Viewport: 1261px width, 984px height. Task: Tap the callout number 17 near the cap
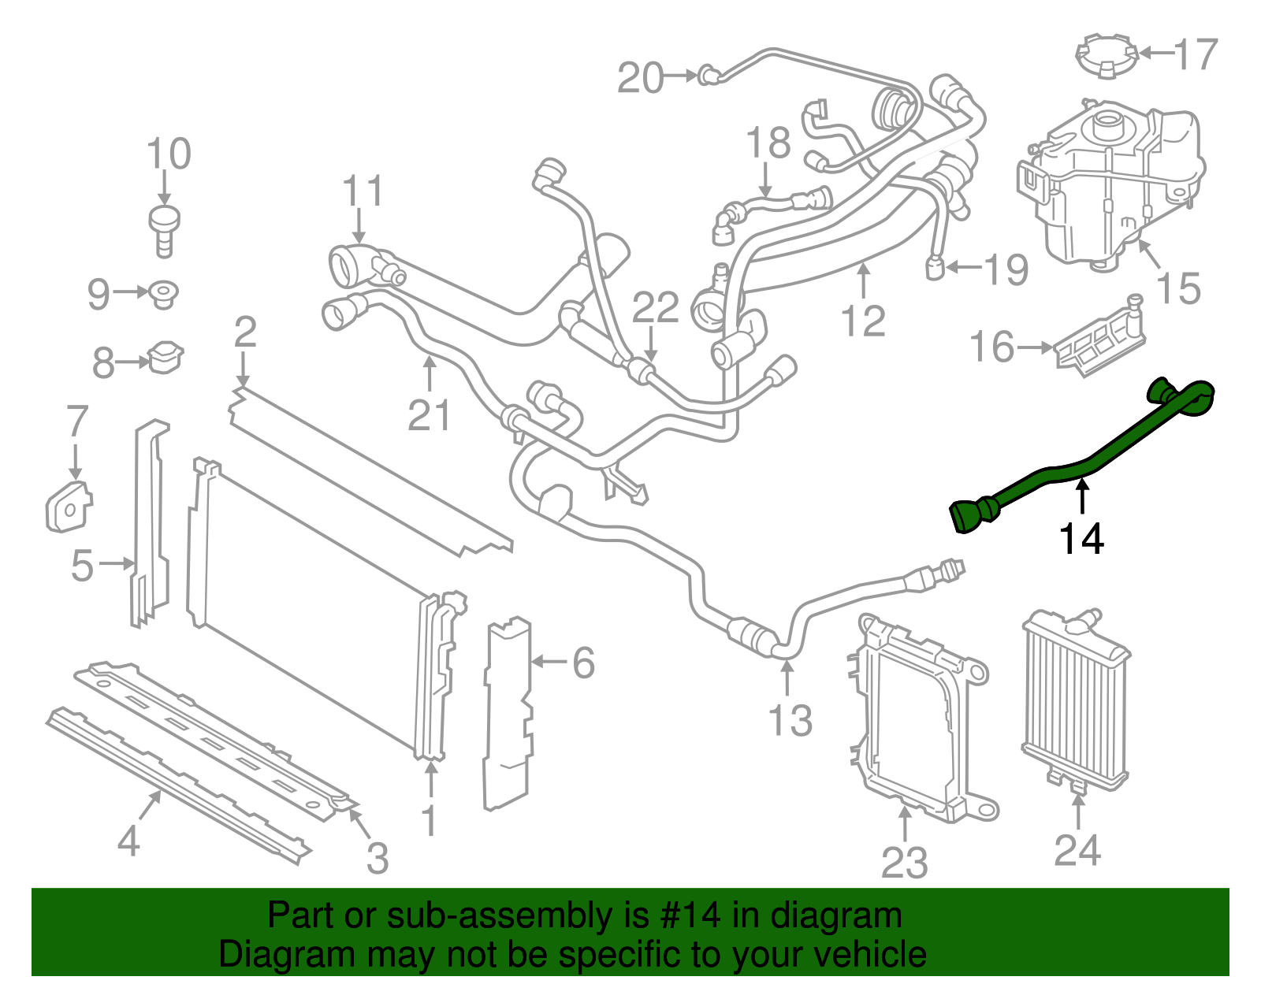pos(1196,54)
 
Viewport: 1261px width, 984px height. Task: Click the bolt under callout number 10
pos(164,228)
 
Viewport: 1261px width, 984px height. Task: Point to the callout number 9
pos(99,294)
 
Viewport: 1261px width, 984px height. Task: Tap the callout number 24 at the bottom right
pos(1077,850)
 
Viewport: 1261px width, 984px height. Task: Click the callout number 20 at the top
pos(640,78)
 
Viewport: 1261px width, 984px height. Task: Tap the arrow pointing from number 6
pos(551,662)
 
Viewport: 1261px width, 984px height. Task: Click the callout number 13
pos(790,720)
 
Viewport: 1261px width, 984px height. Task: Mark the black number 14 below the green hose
pos(1081,540)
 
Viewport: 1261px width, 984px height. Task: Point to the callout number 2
pos(245,332)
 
